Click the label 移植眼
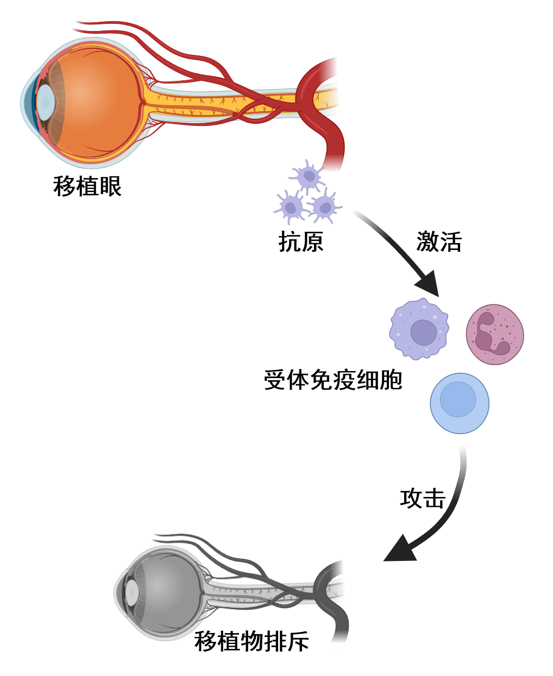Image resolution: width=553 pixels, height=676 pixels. point(87,186)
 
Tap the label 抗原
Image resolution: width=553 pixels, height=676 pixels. point(300,241)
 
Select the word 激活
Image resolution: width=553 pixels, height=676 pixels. point(438,241)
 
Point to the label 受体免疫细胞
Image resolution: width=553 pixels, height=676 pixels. point(332,380)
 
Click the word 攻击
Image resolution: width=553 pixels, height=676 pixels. point(423,498)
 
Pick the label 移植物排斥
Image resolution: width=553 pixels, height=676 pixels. point(252,641)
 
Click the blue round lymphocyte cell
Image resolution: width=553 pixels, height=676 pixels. point(460,403)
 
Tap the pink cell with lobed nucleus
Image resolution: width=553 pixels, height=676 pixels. point(495,334)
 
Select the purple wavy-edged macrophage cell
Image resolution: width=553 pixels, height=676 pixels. point(419,329)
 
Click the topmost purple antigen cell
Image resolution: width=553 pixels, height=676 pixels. point(309,176)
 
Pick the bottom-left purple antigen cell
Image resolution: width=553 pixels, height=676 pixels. point(291,207)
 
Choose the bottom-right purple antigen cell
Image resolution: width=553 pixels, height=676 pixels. point(324,206)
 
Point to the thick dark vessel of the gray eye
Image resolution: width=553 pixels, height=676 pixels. point(340,618)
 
